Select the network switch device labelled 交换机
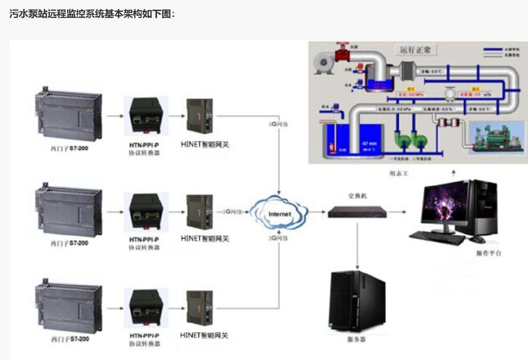pos(357,212)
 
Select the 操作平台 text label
pos(488,253)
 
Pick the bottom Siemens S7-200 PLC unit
pos(68,306)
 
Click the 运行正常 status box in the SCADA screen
pos(415,50)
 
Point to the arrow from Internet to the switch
pos(317,213)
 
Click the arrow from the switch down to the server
pos(358,243)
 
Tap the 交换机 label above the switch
pos(357,196)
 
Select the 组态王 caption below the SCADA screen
pos(399,173)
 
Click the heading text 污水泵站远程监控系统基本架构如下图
pos(92,14)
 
